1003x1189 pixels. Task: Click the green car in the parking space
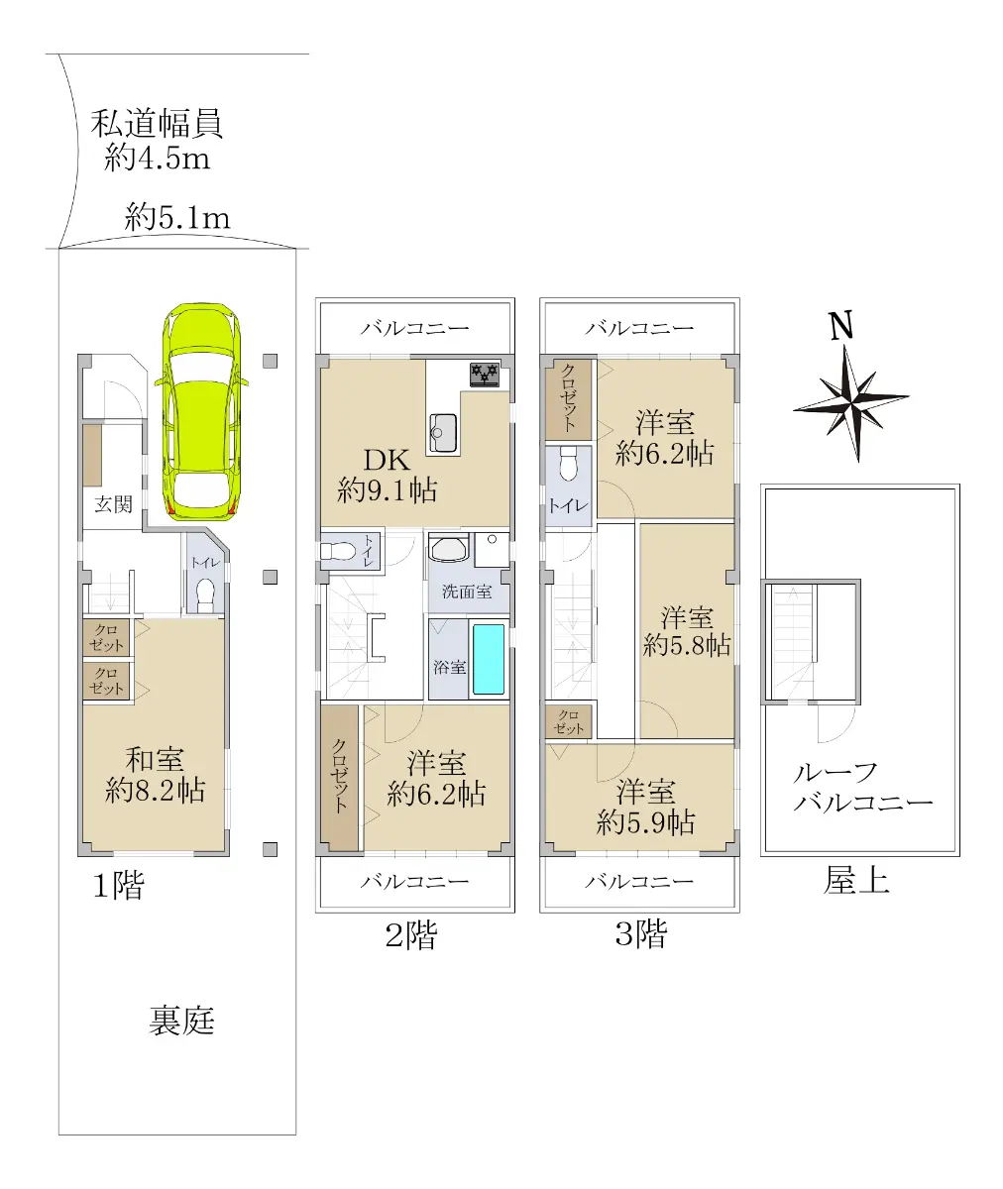pos(202,411)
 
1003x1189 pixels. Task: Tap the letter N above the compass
pos(841,326)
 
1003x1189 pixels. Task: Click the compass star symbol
pos(851,402)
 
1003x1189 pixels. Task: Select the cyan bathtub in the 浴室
pos(489,660)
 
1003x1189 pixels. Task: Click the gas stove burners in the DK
pos(485,375)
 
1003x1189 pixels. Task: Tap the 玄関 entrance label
pos(113,504)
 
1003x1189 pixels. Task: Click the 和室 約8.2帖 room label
pos(155,775)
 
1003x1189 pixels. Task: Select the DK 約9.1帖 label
pos(387,475)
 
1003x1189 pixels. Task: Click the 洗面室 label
pos(467,592)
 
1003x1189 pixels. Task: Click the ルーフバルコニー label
pos(861,789)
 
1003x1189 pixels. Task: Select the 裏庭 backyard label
pos(181,1021)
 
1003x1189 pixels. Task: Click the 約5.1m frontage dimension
pos(177,218)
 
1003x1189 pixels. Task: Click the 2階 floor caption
pos(410,935)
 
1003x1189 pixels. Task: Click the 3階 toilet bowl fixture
pos(569,463)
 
